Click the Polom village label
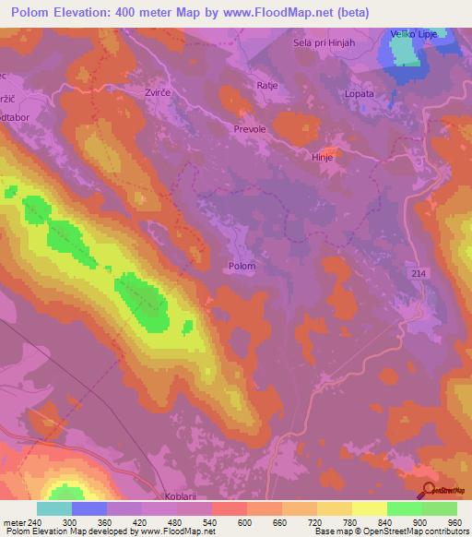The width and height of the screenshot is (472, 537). click(240, 266)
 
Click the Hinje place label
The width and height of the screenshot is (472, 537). click(322, 158)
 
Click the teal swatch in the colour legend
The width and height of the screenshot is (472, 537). click(54, 508)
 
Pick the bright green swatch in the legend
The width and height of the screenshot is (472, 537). click(405, 508)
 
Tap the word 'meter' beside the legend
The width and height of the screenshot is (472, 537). click(14, 521)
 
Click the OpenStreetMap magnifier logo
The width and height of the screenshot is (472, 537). click(428, 489)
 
